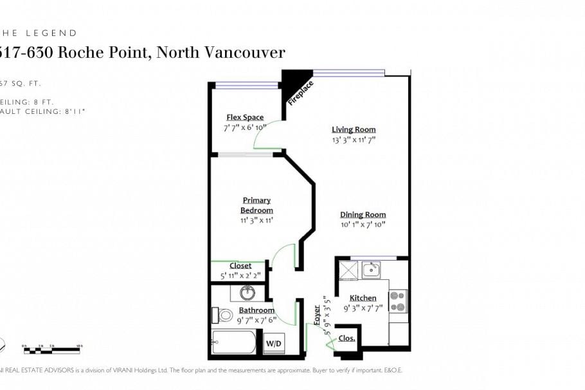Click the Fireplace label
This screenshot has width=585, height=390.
300,92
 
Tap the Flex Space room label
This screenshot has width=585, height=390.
245,117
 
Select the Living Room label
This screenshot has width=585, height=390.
354,129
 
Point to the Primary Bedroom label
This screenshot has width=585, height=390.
256,205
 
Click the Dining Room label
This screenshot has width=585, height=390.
363,214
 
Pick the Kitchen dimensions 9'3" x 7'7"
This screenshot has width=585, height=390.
363,308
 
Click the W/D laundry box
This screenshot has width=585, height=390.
273,344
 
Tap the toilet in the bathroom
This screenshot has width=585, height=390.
223,315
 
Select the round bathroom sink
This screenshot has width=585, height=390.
248,293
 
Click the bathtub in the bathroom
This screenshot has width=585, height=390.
234,342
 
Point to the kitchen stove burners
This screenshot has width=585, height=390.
398,301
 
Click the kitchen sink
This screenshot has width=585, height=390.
371,269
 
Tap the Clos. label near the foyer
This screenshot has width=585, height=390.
346,338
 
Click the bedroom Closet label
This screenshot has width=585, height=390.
240,265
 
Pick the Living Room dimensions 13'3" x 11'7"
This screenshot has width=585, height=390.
354,139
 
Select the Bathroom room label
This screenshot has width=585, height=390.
256,310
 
